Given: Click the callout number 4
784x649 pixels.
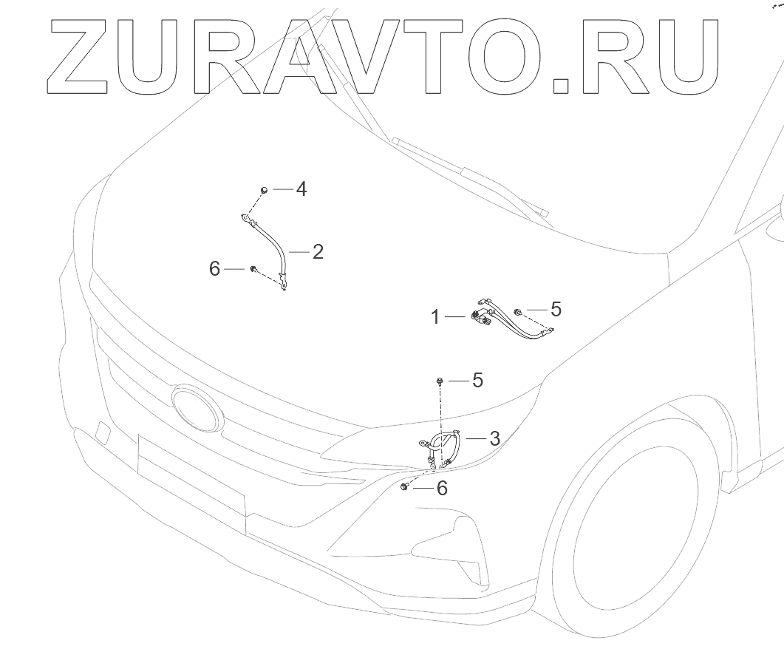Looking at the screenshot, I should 301,189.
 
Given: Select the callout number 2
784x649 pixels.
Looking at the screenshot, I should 318,252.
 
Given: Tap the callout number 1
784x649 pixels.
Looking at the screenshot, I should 436,317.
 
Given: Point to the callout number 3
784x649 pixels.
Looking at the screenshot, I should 494,438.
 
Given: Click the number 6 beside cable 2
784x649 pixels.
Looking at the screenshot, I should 214,269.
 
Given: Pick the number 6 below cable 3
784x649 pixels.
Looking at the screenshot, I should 442,488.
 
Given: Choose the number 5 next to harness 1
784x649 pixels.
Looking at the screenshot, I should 556,310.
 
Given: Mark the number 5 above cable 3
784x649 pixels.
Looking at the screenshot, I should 477,381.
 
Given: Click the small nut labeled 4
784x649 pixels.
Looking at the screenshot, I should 263,191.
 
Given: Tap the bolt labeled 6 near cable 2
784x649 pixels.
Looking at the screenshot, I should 253,269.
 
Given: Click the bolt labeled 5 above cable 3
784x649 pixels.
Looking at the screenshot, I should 440,381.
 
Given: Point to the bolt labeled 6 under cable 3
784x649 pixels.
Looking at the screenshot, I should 405,487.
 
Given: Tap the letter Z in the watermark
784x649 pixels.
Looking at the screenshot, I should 80,57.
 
